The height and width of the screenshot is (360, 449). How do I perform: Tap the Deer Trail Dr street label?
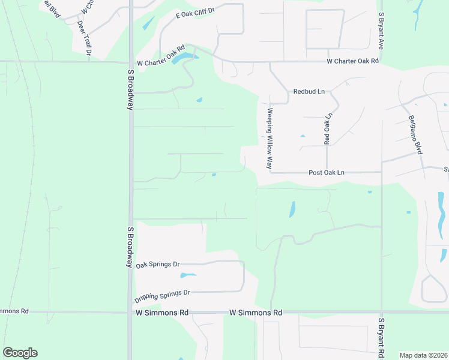pos(84,39)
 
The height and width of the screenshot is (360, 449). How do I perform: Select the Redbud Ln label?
pos(309,92)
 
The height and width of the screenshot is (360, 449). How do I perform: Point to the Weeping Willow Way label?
pos(270,138)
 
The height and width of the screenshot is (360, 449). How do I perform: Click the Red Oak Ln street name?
pos(327,129)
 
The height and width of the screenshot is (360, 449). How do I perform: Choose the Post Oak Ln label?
pos(327,173)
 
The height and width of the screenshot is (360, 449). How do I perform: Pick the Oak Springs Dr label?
pos(158,265)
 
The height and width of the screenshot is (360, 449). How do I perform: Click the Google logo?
pos(20,353)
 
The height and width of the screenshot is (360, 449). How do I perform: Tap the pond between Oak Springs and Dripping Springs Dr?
pos(188,275)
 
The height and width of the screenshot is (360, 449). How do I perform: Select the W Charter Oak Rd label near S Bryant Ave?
pos(353,61)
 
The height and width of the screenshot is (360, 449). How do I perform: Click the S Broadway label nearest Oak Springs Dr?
pos(130,247)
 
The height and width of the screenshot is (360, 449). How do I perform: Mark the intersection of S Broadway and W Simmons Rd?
pos(130,312)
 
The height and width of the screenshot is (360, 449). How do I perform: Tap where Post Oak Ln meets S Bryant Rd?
pos(382,172)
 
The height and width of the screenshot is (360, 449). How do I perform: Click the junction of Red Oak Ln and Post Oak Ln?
pos(327,172)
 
